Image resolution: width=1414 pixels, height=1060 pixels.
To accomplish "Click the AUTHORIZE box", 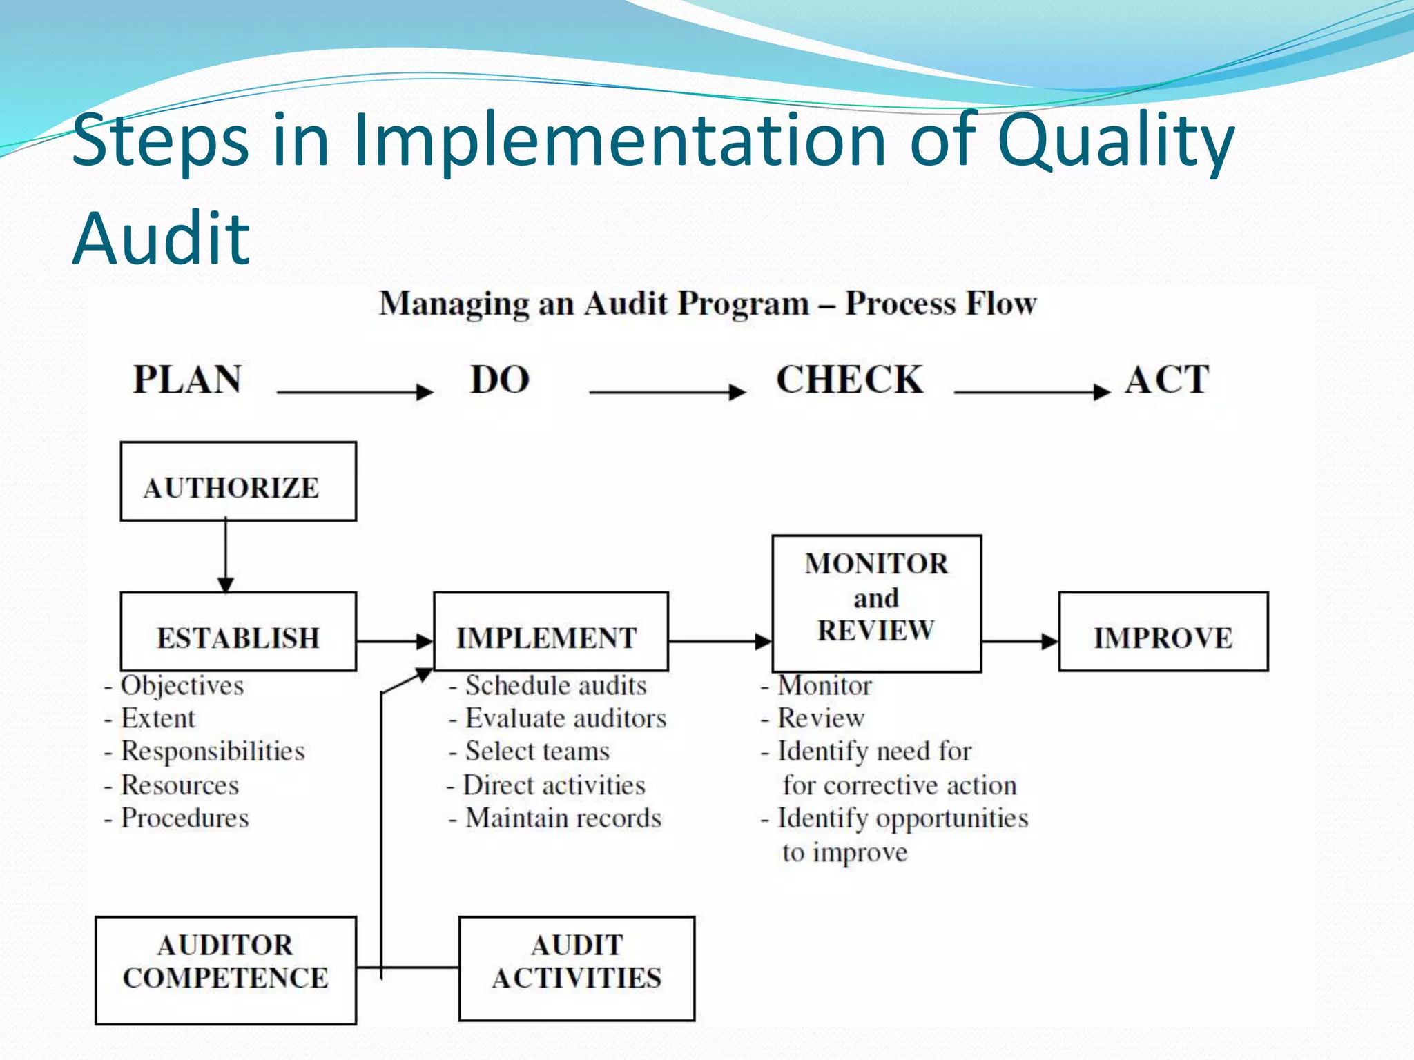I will pyautogui.click(x=238, y=482).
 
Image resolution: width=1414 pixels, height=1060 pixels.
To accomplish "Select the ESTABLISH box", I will pyautogui.click(x=238, y=632).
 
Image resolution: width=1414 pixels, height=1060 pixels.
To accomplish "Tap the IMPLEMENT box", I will pyautogui.click(x=551, y=632).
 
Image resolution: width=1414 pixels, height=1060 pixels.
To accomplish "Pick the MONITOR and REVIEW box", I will pyautogui.click(x=876, y=603).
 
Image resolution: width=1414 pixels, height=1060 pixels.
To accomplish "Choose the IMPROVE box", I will pyautogui.click(x=1163, y=632).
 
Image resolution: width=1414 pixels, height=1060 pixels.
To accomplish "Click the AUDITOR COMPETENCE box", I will pyautogui.click(x=226, y=970).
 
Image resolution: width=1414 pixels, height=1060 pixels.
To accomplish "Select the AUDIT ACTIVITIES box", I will pyautogui.click(x=577, y=968).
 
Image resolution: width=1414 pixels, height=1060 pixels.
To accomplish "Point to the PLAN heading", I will pyautogui.click(x=187, y=380).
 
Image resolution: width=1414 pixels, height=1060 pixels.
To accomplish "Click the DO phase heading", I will pyautogui.click(x=500, y=380).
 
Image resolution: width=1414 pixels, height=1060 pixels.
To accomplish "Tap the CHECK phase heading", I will pyautogui.click(x=849, y=380).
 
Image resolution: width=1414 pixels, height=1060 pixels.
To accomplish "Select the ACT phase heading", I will pyautogui.click(x=1167, y=380).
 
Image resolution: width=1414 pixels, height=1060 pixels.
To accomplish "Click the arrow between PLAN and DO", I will pyautogui.click(x=355, y=391).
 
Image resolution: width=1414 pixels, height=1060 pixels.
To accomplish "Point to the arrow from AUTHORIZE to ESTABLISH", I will pyautogui.click(x=226, y=556).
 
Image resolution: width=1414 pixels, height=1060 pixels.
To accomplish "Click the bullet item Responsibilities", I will pyautogui.click(x=213, y=752).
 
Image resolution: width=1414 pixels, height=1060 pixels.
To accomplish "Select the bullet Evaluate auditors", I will pyautogui.click(x=565, y=718).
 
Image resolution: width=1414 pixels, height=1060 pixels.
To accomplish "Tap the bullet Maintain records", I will pyautogui.click(x=563, y=818).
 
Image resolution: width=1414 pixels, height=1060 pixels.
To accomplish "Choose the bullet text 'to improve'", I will pyautogui.click(x=844, y=852).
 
